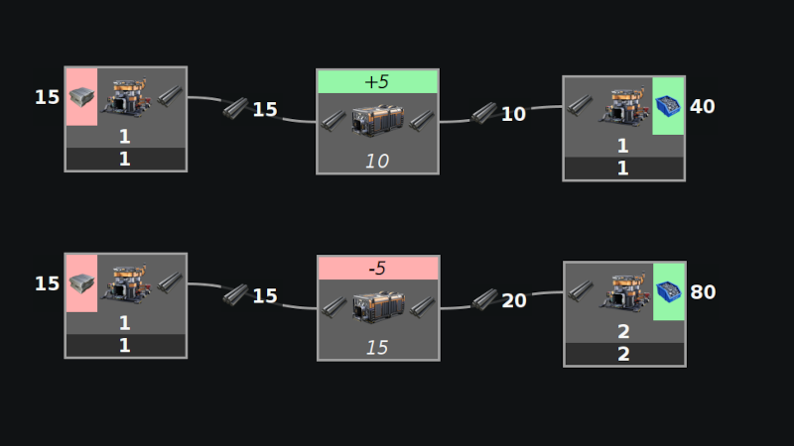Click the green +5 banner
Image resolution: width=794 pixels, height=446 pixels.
pyautogui.click(x=377, y=81)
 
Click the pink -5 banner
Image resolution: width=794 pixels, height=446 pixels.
pyautogui.click(x=377, y=268)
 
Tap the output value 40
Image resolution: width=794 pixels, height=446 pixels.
pyautogui.click(x=702, y=106)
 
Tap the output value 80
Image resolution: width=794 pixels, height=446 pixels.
pyautogui.click(x=702, y=292)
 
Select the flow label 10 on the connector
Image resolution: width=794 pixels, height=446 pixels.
pyautogui.click(x=513, y=114)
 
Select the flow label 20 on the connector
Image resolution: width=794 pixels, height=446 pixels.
pyautogui.click(x=514, y=300)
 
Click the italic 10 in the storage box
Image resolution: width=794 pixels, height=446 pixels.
pyautogui.click(x=377, y=161)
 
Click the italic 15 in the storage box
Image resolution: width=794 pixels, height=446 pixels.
pyautogui.click(x=377, y=347)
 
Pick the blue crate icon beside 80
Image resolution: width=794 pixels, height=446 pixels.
pyautogui.click(x=668, y=291)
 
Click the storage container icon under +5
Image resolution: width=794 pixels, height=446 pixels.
pyautogui.click(x=377, y=121)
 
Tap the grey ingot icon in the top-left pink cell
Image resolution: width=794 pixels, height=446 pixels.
pyautogui.click(x=81, y=97)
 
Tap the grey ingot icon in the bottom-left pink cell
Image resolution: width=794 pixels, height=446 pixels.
pyautogui.click(x=81, y=283)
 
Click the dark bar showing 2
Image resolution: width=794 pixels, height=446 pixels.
pyautogui.click(x=623, y=354)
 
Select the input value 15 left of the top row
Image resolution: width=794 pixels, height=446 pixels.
pyautogui.click(x=47, y=97)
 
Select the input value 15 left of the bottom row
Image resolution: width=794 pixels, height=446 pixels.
pyautogui.click(x=47, y=283)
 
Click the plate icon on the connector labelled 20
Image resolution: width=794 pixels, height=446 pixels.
pyautogui.click(x=484, y=299)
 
